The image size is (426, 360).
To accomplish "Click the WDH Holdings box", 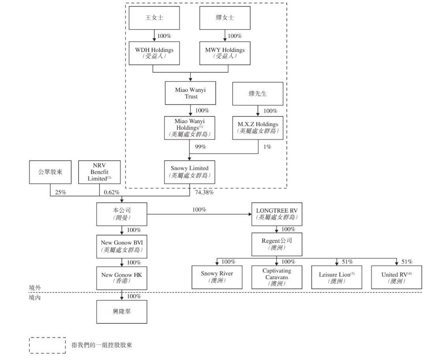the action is coord(154,53).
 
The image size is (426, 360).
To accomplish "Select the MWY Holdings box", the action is coord(225,53).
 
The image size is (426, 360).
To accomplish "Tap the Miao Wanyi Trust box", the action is coord(190,93).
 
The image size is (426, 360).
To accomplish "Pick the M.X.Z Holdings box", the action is coord(258,128).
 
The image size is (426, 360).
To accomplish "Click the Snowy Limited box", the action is coord(189,172).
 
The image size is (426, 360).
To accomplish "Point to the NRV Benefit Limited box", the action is coord(99,172).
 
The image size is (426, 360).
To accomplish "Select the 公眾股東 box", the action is coord(50,172).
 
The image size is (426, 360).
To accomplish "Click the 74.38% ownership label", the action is coord(204,192).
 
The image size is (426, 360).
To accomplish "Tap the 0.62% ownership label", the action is coord(111,192).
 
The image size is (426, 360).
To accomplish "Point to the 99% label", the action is coord(200,147).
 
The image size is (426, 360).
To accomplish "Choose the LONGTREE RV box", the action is coord(277,214).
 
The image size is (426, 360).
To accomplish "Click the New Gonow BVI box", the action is coord(122,246).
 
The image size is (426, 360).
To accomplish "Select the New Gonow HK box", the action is coord(122,278).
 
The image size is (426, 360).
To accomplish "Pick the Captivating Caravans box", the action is coord(277,277).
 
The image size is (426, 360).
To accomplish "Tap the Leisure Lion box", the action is coord(336,277).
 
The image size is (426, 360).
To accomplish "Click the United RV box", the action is coord(396,277).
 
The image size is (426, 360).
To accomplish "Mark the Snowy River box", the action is coord(217,277).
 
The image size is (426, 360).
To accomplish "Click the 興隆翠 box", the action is coord(122,312).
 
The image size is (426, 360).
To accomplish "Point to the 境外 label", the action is coord(35,288).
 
